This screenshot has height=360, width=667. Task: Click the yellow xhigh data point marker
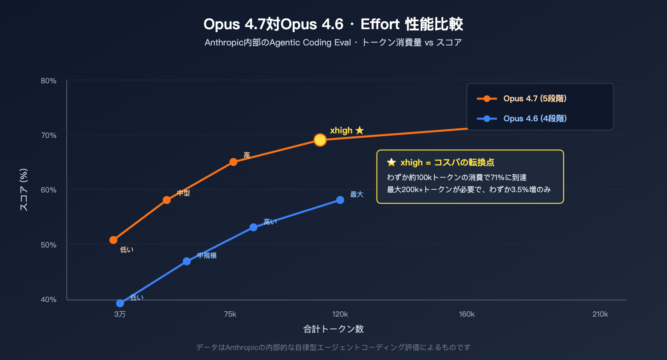(320, 140)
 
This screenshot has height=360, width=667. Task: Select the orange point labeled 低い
(113, 240)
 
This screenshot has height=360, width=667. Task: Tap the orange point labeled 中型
(167, 200)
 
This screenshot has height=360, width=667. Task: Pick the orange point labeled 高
(233, 162)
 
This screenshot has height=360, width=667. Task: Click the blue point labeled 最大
(340, 200)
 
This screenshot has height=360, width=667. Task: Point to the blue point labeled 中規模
(187, 261)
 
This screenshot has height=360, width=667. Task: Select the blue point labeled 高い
(253, 227)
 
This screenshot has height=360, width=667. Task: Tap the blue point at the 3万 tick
(120, 303)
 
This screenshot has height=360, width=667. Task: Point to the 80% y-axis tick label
(48, 81)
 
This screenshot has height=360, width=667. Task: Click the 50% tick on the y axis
(48, 245)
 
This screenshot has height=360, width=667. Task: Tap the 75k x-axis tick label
(230, 314)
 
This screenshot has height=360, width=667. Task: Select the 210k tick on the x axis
(600, 314)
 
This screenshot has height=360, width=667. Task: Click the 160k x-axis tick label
(467, 314)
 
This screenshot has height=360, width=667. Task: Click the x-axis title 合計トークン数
(333, 329)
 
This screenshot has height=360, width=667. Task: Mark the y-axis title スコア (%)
(24, 190)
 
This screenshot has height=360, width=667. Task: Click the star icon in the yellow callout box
(391, 162)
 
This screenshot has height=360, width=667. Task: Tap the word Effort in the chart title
(380, 24)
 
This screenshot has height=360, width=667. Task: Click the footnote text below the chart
(333, 347)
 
